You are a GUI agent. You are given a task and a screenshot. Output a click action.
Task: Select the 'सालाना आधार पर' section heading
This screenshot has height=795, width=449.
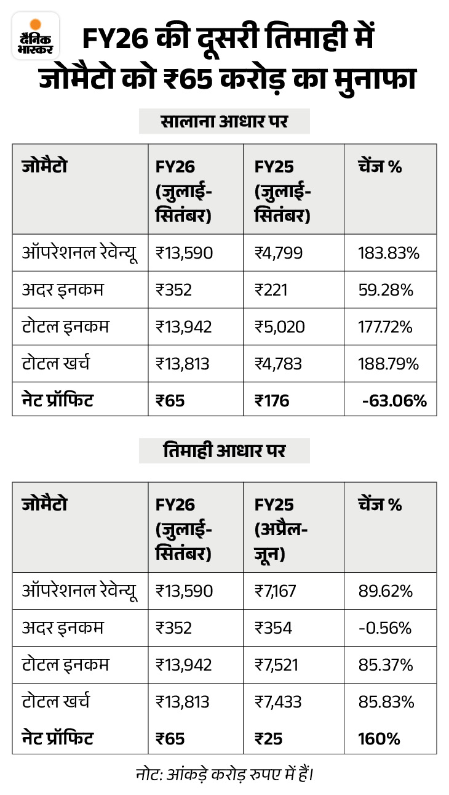224,121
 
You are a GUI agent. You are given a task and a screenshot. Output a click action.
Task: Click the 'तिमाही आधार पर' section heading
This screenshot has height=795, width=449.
224,450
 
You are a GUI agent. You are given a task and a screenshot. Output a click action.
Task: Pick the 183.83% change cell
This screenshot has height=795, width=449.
385,253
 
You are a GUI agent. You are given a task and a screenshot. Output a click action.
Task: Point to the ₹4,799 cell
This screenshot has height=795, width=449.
279,253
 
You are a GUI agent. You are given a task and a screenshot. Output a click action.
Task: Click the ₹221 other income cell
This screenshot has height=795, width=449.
273,290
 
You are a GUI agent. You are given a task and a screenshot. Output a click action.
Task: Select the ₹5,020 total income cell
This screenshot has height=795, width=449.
279,327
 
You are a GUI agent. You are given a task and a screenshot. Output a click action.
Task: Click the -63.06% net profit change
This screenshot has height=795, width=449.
394,401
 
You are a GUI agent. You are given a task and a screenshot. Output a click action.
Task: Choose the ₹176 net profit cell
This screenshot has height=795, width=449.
272,401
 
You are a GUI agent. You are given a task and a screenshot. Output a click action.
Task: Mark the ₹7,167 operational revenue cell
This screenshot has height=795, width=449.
276,591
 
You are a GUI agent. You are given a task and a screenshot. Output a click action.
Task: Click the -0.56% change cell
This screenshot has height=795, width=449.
384,628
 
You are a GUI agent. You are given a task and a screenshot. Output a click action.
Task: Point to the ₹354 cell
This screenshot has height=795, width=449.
273,628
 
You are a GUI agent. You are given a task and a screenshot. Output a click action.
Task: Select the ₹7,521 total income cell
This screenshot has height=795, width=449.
277,665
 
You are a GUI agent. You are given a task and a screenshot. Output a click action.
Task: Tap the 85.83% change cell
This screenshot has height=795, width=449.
386,702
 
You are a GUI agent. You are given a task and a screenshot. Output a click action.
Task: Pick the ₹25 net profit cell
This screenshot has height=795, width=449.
269,738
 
